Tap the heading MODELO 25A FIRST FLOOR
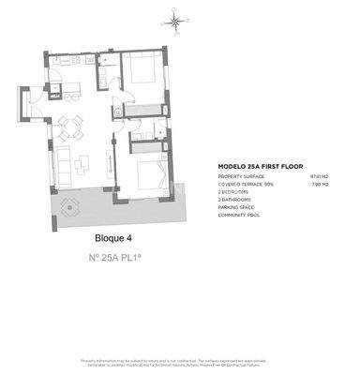coord(257,167)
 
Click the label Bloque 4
coord(114,237)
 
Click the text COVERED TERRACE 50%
coord(246,185)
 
